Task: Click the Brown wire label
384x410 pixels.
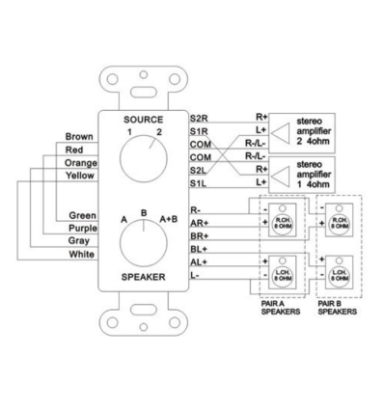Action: coord(79,136)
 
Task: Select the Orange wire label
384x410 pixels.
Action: coord(79,163)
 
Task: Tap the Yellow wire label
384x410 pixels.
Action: coord(79,177)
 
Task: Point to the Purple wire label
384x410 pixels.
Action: coord(79,227)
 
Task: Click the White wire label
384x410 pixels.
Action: coord(81,254)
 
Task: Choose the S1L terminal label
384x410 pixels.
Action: coord(200,182)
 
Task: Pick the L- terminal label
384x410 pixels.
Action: coord(196,275)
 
